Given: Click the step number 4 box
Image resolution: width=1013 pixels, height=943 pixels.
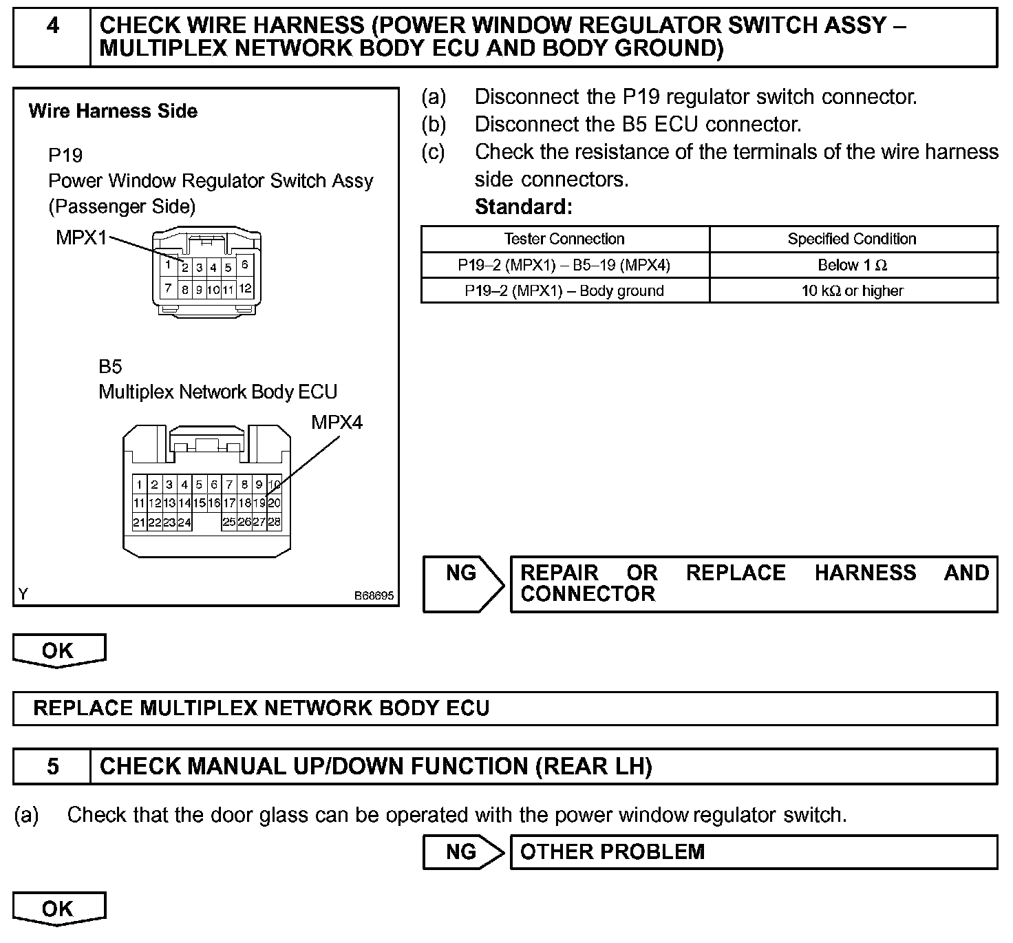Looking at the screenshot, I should click(52, 37).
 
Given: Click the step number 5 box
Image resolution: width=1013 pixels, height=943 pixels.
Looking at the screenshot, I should click(52, 766).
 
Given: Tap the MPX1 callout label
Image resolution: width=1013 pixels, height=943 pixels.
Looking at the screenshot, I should click(81, 238).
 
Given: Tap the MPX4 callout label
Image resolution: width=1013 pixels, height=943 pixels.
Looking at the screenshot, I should click(337, 422).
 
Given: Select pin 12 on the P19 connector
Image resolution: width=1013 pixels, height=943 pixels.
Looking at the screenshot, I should click(245, 289).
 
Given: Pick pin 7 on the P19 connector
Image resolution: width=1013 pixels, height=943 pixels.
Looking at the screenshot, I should click(168, 289).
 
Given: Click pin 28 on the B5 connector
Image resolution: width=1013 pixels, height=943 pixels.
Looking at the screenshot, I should click(274, 522).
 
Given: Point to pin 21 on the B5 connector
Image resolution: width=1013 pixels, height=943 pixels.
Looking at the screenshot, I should click(139, 522).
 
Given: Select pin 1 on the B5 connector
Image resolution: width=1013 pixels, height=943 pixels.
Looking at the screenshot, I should click(139, 485).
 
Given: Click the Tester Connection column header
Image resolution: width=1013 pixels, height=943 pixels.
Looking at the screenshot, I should click(564, 239).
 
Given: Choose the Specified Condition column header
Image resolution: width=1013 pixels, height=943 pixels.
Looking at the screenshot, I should click(852, 239).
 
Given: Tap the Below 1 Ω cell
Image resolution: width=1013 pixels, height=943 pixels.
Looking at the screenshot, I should click(852, 265).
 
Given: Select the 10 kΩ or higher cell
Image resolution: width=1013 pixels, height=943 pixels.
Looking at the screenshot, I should click(852, 290).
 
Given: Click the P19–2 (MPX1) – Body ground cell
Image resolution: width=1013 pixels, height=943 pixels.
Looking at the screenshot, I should click(564, 290).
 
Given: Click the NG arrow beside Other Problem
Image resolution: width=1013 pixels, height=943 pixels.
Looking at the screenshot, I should click(462, 851).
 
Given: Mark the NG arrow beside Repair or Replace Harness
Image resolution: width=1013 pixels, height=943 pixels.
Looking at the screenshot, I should click(462, 583).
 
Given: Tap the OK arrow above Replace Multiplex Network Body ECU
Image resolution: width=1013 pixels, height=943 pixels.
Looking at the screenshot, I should click(58, 650).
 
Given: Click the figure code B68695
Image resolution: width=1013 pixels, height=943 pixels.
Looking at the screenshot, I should click(374, 595).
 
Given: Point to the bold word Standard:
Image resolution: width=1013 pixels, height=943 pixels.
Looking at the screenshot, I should click(523, 206).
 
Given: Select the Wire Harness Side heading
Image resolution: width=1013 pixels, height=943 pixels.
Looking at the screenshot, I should click(113, 111).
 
